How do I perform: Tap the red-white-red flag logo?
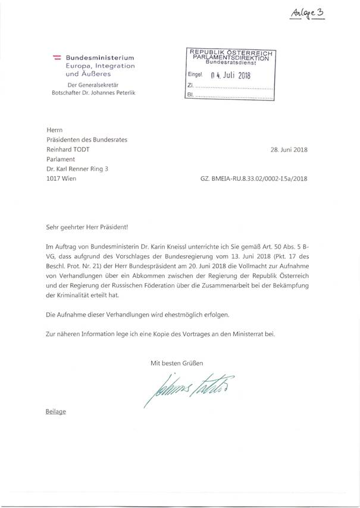58,57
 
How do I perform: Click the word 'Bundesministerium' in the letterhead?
100,57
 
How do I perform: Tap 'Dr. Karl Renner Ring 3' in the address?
80,169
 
